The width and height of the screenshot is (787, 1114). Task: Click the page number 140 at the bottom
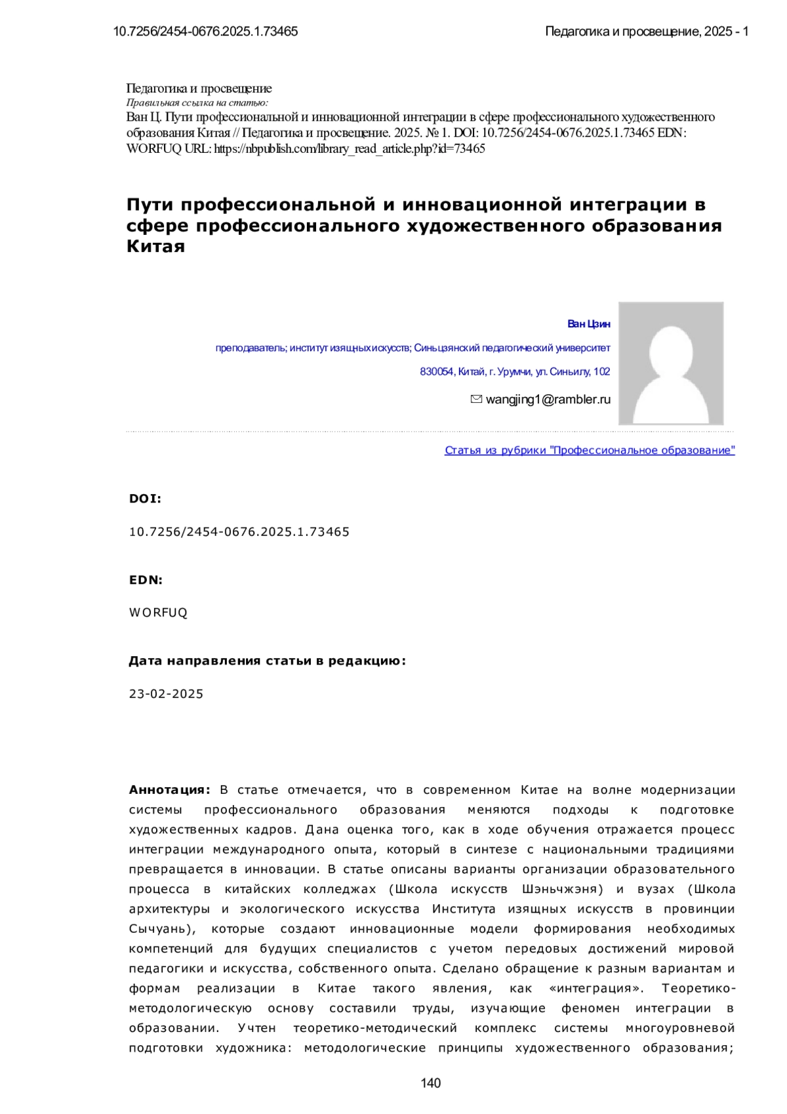point(431,1083)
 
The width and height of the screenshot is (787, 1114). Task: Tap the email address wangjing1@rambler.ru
point(548,399)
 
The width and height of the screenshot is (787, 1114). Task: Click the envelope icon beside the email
point(477,399)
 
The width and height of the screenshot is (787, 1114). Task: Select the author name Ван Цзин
point(588,324)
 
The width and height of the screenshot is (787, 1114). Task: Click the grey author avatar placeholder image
point(671,363)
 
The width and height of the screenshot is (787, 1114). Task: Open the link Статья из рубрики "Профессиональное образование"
point(590,450)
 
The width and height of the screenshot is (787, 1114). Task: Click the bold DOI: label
point(145,499)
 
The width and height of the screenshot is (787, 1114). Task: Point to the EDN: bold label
point(146,580)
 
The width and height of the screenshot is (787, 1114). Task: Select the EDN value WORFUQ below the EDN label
point(158,613)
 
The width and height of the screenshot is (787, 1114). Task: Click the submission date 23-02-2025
point(166,694)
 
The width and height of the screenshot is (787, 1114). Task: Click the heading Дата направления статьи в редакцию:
point(267,661)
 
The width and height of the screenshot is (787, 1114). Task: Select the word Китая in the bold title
point(155,247)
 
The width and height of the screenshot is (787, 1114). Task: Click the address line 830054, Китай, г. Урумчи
point(515,372)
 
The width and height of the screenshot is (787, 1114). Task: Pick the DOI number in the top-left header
point(205,31)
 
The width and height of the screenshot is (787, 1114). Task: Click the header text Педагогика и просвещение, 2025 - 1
point(647,31)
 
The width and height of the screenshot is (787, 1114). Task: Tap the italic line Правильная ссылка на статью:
point(197,102)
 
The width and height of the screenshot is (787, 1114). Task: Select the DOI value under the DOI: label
point(239,532)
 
